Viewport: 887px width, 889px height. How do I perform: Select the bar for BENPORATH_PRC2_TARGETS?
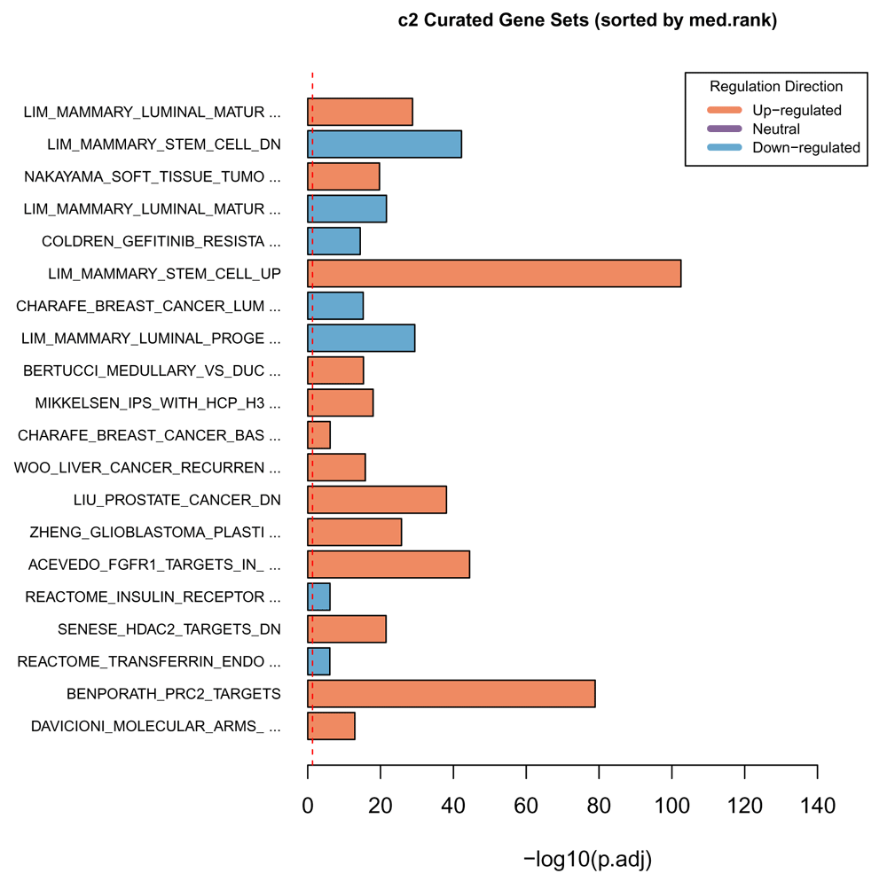pos(451,693)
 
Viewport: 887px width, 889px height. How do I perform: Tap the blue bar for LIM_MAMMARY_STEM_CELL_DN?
pos(384,144)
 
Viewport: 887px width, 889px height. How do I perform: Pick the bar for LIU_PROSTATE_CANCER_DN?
pos(377,500)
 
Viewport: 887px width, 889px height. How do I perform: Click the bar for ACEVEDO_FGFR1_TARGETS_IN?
pos(389,565)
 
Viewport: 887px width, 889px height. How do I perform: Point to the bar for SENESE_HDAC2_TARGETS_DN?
pos(347,629)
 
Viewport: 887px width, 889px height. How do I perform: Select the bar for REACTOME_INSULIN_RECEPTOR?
pos(319,597)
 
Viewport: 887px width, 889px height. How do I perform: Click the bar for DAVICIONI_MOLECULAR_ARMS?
pos(332,726)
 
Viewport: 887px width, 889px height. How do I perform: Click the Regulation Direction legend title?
pos(776,87)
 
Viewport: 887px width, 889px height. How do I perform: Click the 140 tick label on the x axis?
pos(817,807)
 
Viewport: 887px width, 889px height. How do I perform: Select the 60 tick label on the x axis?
pos(526,807)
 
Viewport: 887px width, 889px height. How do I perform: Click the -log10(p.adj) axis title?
pos(588,858)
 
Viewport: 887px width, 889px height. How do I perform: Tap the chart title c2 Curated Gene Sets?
pos(588,20)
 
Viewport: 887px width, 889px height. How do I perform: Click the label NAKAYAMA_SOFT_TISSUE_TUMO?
pos(153,176)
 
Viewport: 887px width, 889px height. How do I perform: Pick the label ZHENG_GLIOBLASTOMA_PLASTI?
pos(154,532)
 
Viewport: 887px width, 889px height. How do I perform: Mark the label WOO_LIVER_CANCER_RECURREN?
pos(147,467)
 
